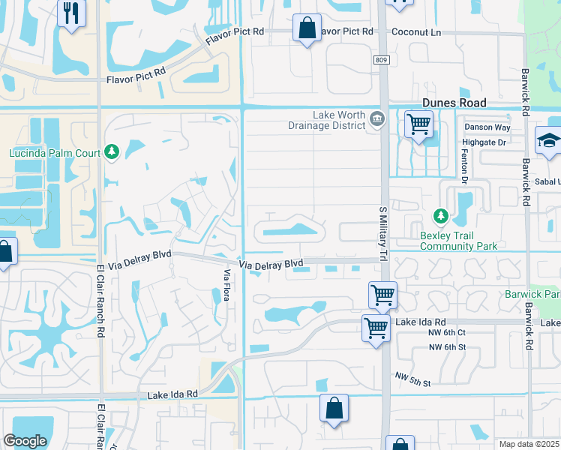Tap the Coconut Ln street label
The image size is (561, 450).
pyautogui.click(x=415, y=32)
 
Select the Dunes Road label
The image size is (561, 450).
pyautogui.click(x=454, y=103)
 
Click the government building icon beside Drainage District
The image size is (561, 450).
pyautogui.click(x=376, y=117)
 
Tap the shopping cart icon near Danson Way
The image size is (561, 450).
pyautogui.click(x=418, y=124)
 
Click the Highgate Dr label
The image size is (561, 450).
pyautogui.click(x=485, y=141)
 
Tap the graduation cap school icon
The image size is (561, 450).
pyautogui.click(x=549, y=140)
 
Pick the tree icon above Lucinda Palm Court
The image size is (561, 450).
pyautogui.click(x=112, y=152)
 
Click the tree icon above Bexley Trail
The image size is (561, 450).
pyautogui.click(x=440, y=217)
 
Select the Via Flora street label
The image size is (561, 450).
pyautogui.click(x=226, y=285)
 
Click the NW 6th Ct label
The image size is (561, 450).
pyautogui.click(x=447, y=332)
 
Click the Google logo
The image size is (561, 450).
pyautogui.click(x=25, y=441)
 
